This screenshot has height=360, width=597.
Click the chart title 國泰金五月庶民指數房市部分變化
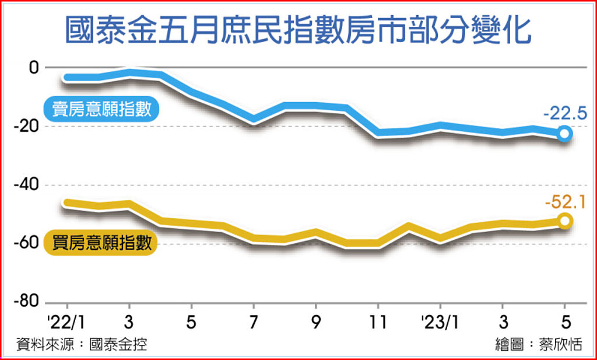pos(298,31)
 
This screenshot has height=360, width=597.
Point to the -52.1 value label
pos(564,202)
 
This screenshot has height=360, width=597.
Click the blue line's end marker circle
pos(564,134)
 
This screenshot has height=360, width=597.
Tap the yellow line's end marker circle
pos(564,221)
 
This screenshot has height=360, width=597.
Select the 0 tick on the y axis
pos(33,67)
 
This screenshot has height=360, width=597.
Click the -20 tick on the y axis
pos(27,126)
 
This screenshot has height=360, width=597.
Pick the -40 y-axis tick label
pos(27,185)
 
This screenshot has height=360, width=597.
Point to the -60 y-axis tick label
pos(27,244)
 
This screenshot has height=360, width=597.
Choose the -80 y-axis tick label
pos(27,302)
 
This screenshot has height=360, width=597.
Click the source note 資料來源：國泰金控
pos(81,344)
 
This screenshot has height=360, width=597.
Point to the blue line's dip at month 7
pos(254,120)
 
